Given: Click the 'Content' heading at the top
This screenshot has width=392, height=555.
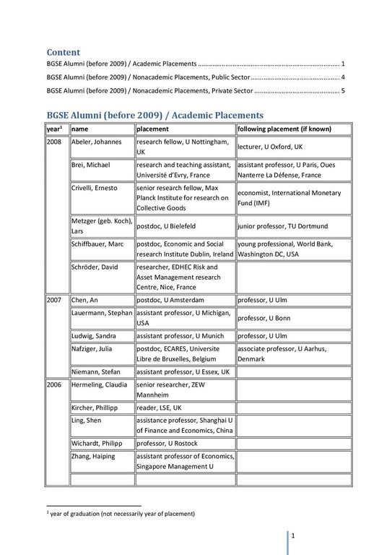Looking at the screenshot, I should (x=64, y=52).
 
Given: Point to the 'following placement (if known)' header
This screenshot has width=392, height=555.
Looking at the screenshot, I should (x=284, y=129).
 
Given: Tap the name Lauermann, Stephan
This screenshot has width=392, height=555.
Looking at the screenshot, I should (x=102, y=313).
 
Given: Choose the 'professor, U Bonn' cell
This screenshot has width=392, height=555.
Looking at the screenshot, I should (x=264, y=318).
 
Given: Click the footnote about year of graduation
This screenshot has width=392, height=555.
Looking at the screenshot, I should (x=121, y=513).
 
